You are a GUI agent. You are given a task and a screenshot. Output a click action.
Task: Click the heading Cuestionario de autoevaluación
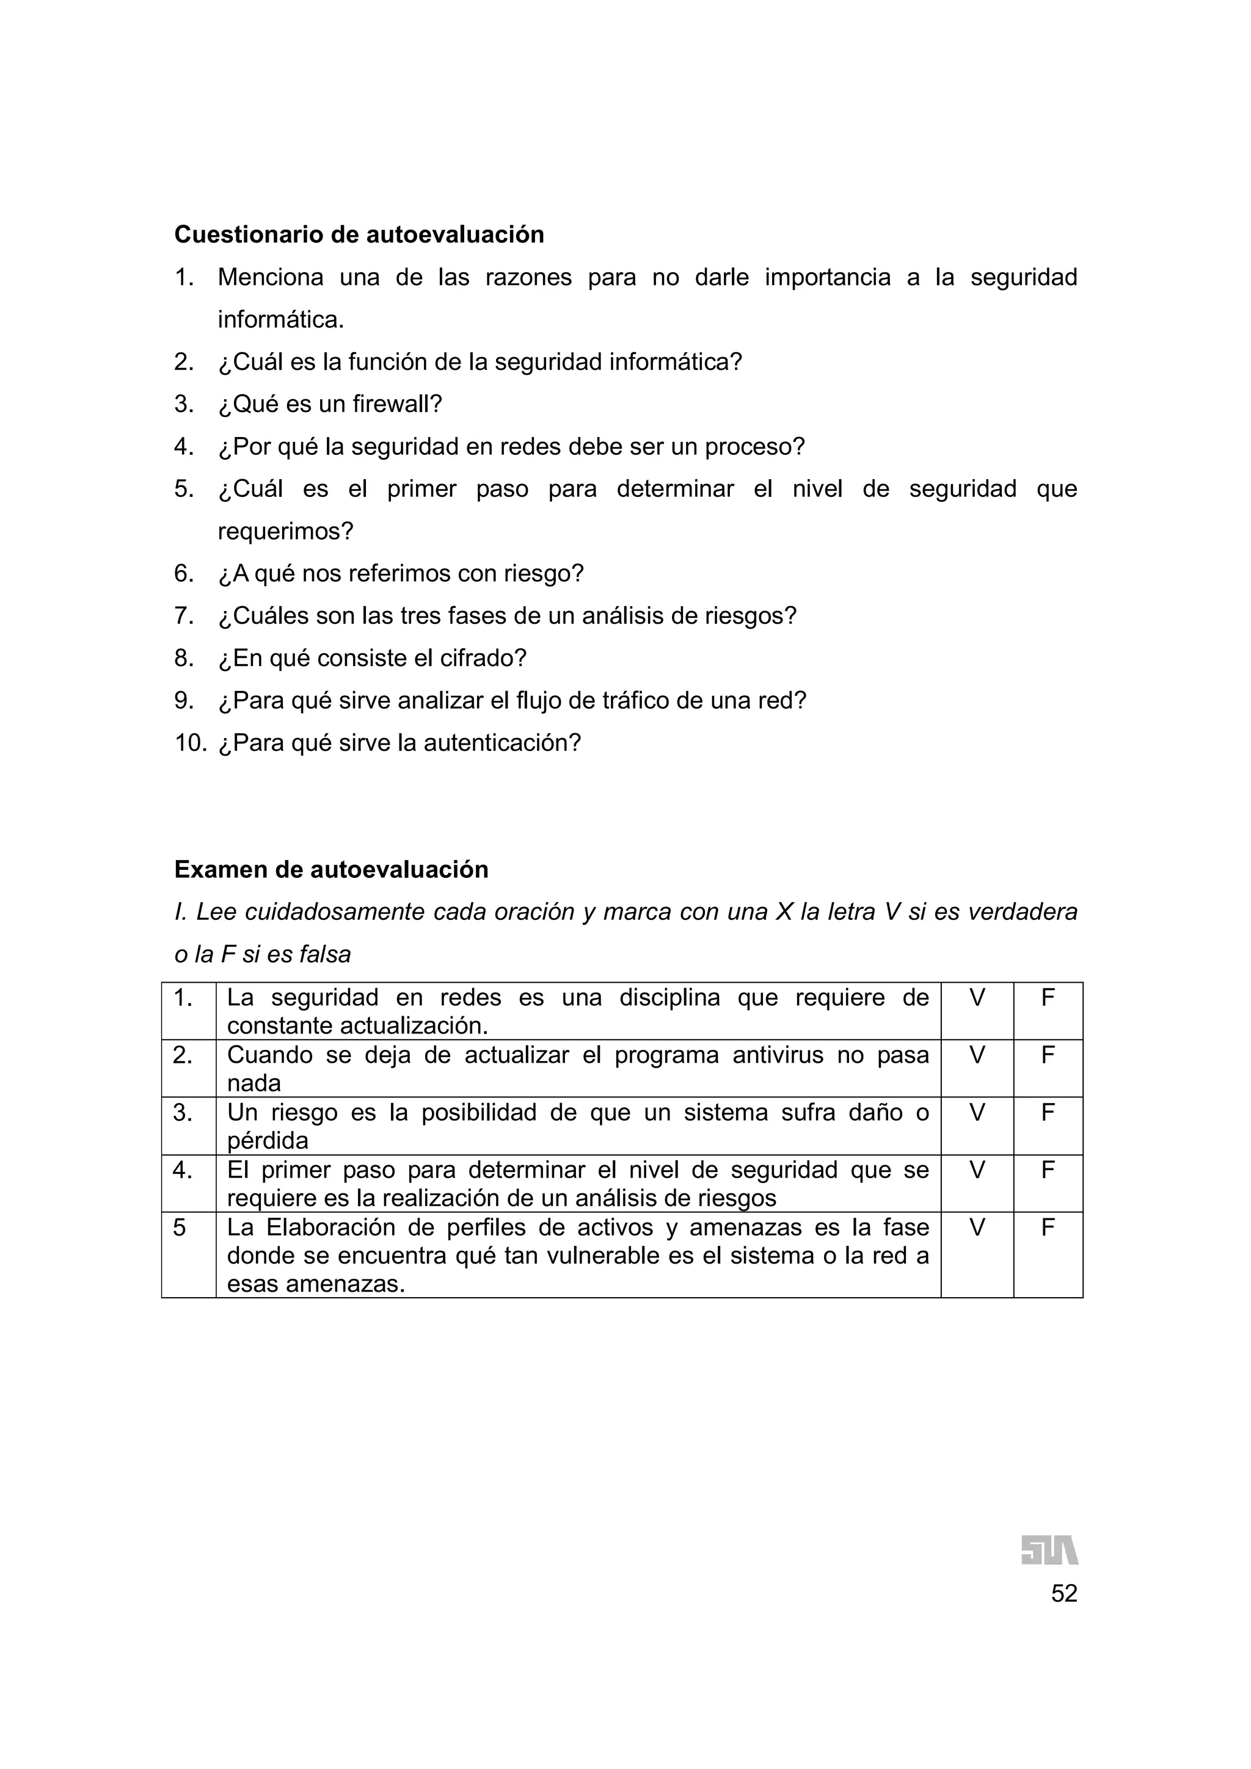[359, 234]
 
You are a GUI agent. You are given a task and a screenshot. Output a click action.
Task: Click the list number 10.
[191, 743]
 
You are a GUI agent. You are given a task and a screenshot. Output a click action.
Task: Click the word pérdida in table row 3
[268, 1141]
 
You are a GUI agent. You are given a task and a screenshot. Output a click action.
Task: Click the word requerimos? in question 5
[285, 531]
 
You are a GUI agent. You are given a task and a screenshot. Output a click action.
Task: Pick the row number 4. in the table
[183, 1170]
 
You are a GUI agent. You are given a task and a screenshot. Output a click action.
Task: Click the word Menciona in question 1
[270, 277]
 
